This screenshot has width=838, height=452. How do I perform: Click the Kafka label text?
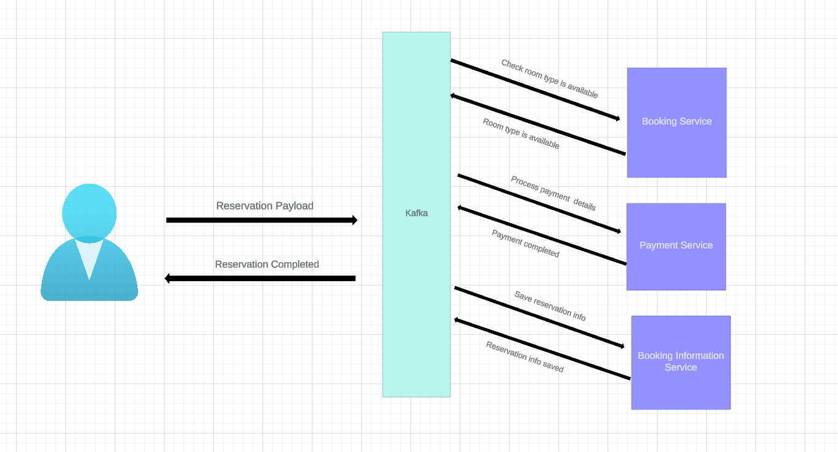tap(417, 213)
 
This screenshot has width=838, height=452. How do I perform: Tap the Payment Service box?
tap(676, 265)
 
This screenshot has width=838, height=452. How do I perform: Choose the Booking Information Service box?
tap(680, 385)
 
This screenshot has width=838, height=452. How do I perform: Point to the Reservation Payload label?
tap(264, 206)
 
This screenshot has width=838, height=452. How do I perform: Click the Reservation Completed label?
tap(267, 265)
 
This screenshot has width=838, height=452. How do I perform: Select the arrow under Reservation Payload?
tap(261, 220)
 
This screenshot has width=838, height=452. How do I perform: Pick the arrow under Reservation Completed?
tap(260, 279)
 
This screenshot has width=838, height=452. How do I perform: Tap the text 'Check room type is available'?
tap(550, 79)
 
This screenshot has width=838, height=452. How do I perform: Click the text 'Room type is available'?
tap(521, 134)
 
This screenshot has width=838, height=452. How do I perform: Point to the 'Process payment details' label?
tap(553, 194)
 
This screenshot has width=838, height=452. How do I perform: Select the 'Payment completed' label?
tap(526, 244)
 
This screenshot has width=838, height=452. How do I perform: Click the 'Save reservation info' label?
tap(550, 306)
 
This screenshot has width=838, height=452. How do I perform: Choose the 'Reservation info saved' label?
tap(525, 357)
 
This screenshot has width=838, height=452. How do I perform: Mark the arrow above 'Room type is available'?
tap(538, 125)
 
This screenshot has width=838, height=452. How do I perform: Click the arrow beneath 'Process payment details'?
tap(539, 203)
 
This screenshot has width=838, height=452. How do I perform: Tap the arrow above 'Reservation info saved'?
tap(542, 349)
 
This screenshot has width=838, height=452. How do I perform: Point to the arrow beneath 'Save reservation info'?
tap(539, 317)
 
